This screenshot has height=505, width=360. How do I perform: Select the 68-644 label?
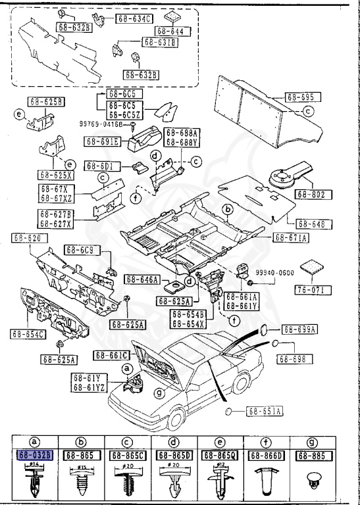169,31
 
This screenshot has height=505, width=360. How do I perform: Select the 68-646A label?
141,279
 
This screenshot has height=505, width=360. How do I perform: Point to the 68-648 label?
312,224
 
